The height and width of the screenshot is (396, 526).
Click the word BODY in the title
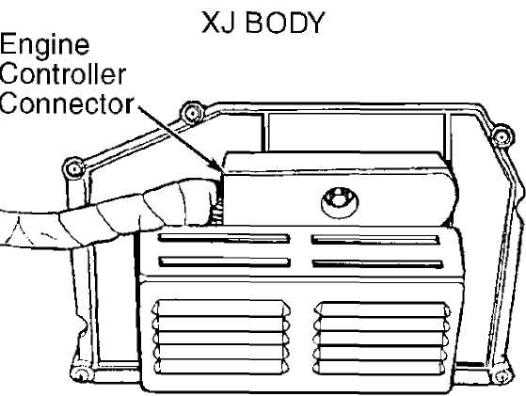[x=285, y=23]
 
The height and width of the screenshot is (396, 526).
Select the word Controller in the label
[x=63, y=73]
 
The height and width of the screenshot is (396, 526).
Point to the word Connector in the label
[x=67, y=103]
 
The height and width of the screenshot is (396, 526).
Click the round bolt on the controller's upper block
[x=340, y=202]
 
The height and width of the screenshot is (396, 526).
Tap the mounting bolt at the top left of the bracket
[x=193, y=113]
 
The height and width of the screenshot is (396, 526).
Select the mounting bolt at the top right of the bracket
[x=502, y=136]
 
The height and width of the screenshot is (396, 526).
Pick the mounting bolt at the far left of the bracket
[x=74, y=168]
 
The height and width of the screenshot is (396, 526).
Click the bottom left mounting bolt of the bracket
[x=82, y=373]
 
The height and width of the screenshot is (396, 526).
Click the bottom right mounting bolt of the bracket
[x=502, y=375]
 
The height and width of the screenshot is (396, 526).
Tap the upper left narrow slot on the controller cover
[x=224, y=238]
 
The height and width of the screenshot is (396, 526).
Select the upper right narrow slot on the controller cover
[x=375, y=240]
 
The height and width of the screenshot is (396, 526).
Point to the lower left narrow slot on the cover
[x=225, y=261]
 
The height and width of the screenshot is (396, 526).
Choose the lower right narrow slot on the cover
[x=377, y=263]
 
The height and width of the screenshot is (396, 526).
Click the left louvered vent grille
[x=221, y=337]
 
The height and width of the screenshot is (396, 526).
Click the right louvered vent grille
[x=382, y=339]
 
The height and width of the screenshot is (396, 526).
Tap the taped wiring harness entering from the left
[x=107, y=214]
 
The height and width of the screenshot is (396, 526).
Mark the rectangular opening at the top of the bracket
[x=357, y=133]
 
